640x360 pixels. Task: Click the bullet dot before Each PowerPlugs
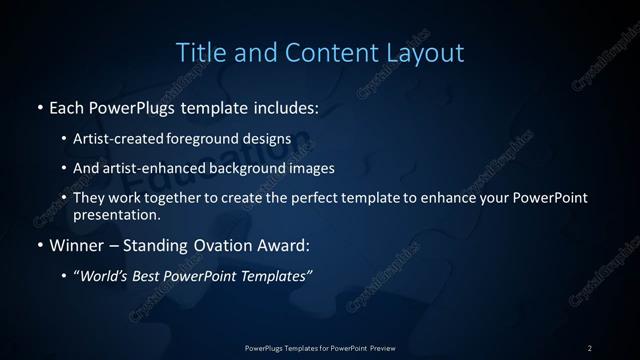click(39, 106)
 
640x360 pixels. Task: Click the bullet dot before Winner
click(39, 245)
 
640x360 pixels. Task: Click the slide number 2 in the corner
click(590, 347)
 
